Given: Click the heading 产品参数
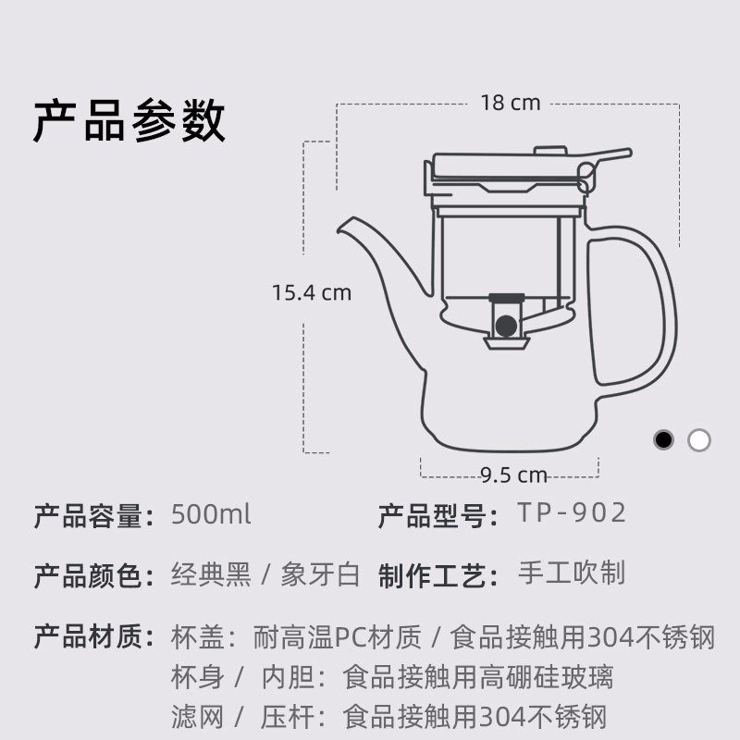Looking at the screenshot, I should [x=129, y=121].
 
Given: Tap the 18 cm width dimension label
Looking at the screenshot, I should [x=510, y=102].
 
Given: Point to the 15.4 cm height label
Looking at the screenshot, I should [x=312, y=292].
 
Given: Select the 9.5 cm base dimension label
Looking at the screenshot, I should [x=513, y=475].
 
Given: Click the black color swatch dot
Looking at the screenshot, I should [x=663, y=439].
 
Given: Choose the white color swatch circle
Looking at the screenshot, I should [x=699, y=439].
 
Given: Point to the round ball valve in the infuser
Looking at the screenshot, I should [x=505, y=326].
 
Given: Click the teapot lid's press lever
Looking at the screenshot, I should [x=606, y=157].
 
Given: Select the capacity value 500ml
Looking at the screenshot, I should [x=211, y=514].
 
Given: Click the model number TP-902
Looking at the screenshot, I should [x=572, y=513].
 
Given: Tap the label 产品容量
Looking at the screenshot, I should [x=93, y=515].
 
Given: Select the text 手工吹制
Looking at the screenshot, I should [x=572, y=573].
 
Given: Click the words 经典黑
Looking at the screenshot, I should [x=211, y=574].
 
